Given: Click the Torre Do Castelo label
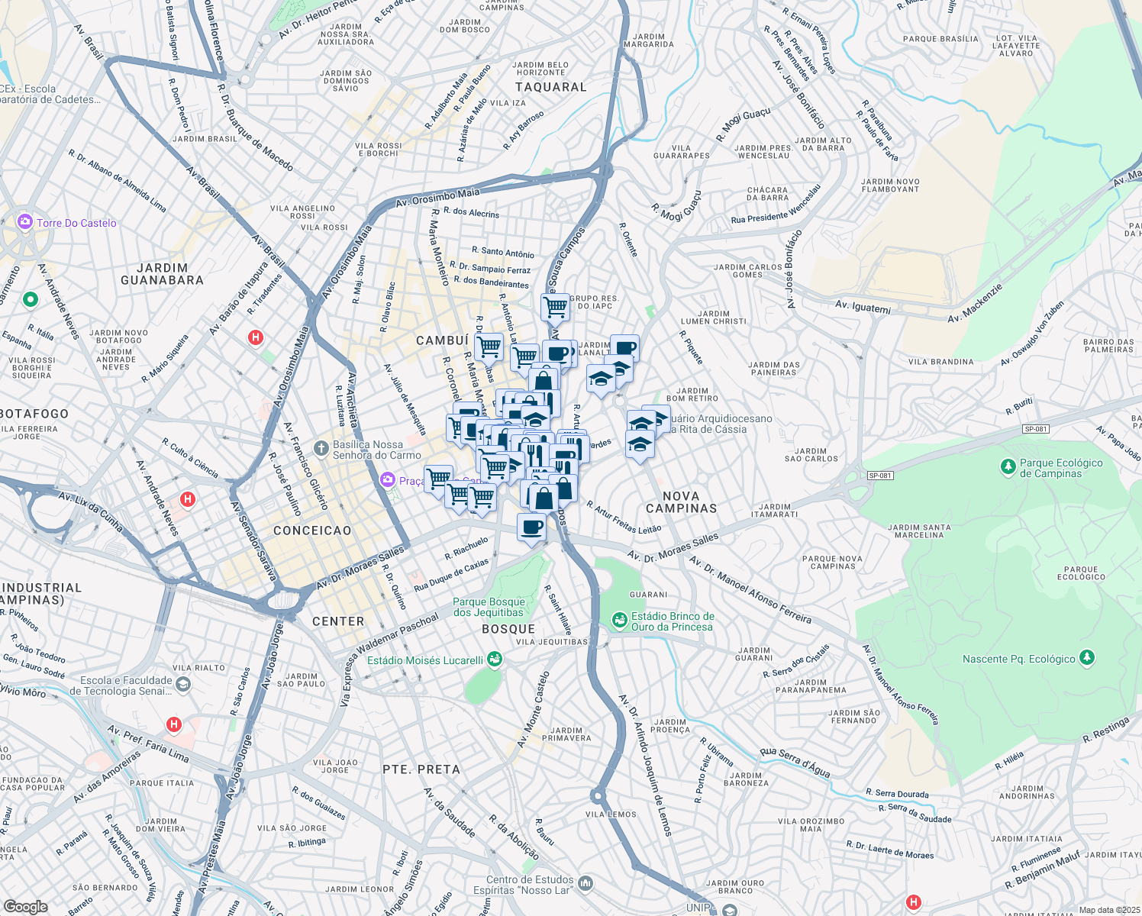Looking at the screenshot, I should (x=76, y=223).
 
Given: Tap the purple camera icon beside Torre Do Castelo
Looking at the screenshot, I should (x=25, y=222).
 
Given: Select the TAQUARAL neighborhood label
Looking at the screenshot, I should (x=550, y=87).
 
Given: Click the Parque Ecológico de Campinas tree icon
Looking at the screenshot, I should (x=1008, y=465).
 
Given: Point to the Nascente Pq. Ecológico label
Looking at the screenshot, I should (x=1018, y=659).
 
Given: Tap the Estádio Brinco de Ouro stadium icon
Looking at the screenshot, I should (x=620, y=619).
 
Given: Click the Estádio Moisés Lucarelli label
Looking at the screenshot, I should (x=425, y=660).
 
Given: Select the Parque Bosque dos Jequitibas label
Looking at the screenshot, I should (x=489, y=607).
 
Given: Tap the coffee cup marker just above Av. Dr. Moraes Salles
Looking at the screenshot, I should (x=532, y=526).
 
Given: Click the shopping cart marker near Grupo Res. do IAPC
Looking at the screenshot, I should (x=555, y=307).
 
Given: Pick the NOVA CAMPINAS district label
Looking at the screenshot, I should (x=681, y=502).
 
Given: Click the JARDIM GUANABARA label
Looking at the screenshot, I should (x=162, y=274).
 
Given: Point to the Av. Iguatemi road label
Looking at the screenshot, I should (x=863, y=307).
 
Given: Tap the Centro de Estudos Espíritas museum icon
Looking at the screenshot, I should (x=586, y=882).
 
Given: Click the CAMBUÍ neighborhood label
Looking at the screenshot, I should (x=442, y=340).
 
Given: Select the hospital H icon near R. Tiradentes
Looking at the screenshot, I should (x=256, y=337).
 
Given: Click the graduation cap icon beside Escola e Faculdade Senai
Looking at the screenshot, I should (x=182, y=685).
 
